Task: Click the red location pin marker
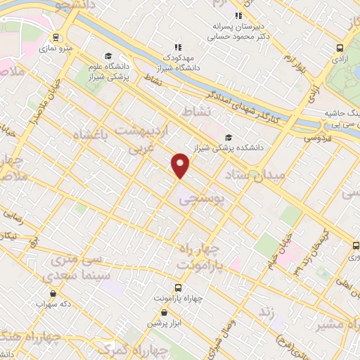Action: (181, 165)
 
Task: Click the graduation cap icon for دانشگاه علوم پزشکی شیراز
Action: (108, 56)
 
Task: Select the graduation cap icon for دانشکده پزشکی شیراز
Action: (228, 137)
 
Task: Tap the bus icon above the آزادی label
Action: (340, 48)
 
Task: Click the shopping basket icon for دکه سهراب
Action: (53, 293)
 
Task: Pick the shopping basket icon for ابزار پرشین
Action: (164, 312)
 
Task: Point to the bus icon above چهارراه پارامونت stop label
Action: (177, 287)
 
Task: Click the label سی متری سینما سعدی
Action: (78, 267)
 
